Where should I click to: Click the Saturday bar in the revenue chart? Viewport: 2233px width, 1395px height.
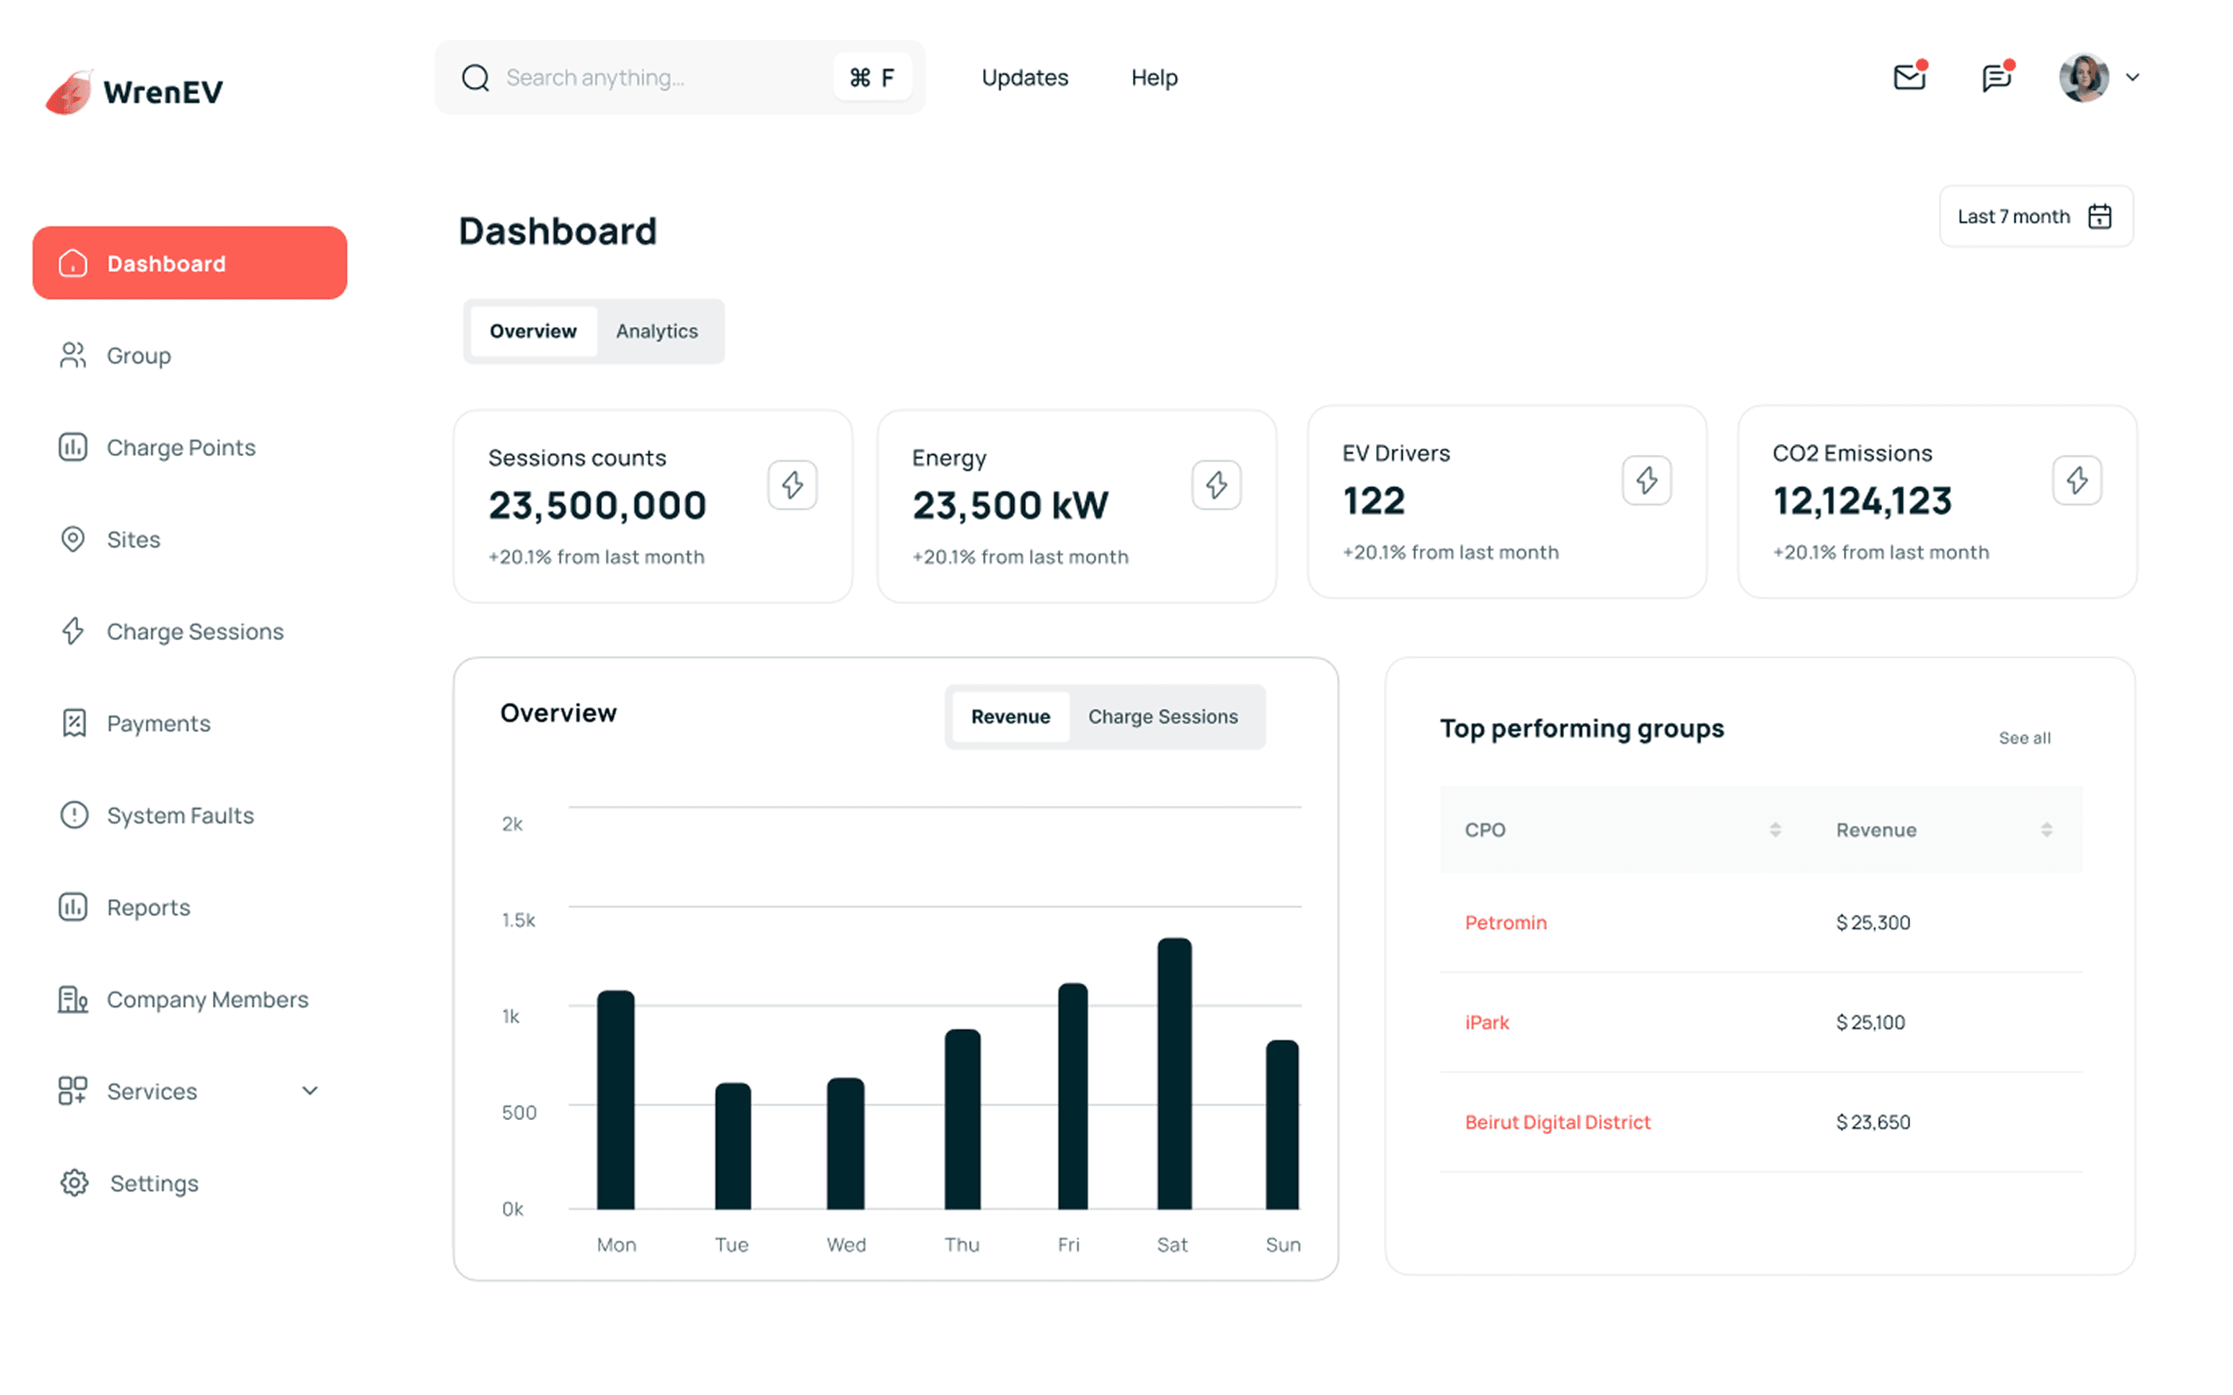coord(1174,1073)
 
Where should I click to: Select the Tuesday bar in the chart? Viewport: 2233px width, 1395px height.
coord(733,1146)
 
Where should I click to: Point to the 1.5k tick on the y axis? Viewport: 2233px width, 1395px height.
coord(518,920)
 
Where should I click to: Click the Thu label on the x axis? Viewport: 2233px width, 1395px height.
coord(961,1244)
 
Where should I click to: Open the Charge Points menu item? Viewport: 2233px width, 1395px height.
coord(181,447)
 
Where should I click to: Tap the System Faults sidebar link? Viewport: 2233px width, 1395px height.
coord(180,815)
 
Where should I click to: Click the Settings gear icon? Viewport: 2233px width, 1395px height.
coord(74,1183)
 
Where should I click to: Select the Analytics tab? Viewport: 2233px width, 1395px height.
coord(657,332)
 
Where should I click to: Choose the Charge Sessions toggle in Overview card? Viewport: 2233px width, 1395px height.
coord(1162,717)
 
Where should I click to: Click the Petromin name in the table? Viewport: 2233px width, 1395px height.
coord(1506,922)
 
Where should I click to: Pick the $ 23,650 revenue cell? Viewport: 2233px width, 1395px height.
coord(1873,1122)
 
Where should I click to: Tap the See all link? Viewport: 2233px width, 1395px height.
coord(2024,738)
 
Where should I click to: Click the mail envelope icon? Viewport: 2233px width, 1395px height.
coord(1909,77)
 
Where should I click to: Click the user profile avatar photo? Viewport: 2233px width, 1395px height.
coord(2083,77)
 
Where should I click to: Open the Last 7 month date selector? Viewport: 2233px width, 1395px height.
coord(2035,217)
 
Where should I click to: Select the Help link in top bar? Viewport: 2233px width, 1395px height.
coord(1154,77)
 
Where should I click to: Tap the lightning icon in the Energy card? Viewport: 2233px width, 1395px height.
coord(1217,485)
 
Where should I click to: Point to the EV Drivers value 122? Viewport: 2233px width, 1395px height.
coord(1374,501)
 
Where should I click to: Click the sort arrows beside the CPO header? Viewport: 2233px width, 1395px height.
coord(1775,830)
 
